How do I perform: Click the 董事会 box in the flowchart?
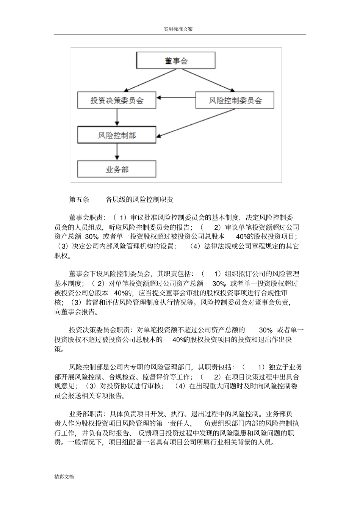point(176,61)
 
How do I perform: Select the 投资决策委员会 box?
point(117,100)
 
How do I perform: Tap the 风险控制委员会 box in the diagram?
point(235,100)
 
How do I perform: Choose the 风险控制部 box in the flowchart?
point(117,135)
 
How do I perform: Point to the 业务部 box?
point(117,169)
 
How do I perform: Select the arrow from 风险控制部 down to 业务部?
point(117,152)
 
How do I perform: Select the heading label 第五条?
point(79,199)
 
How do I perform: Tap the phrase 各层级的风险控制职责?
point(139,199)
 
